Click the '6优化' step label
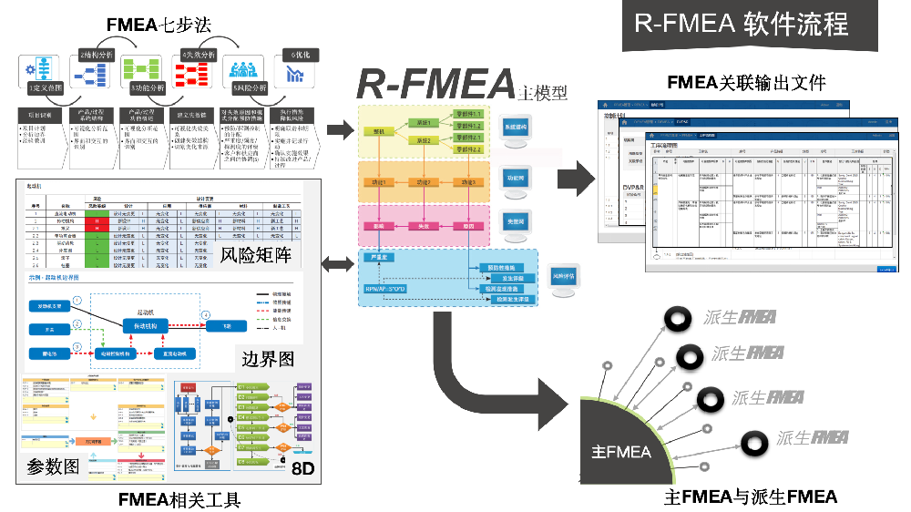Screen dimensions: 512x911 (301, 55)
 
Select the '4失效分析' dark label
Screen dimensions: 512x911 (199, 55)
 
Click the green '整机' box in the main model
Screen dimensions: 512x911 (378, 131)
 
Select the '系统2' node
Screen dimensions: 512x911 (422, 141)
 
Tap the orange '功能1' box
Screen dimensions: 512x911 (378, 182)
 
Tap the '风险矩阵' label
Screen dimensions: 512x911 (259, 255)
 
